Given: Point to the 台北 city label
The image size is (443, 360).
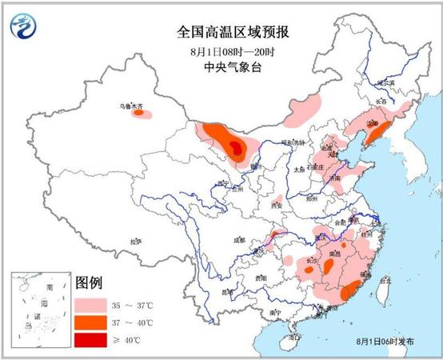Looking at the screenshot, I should pyautogui.click(x=385, y=281).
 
